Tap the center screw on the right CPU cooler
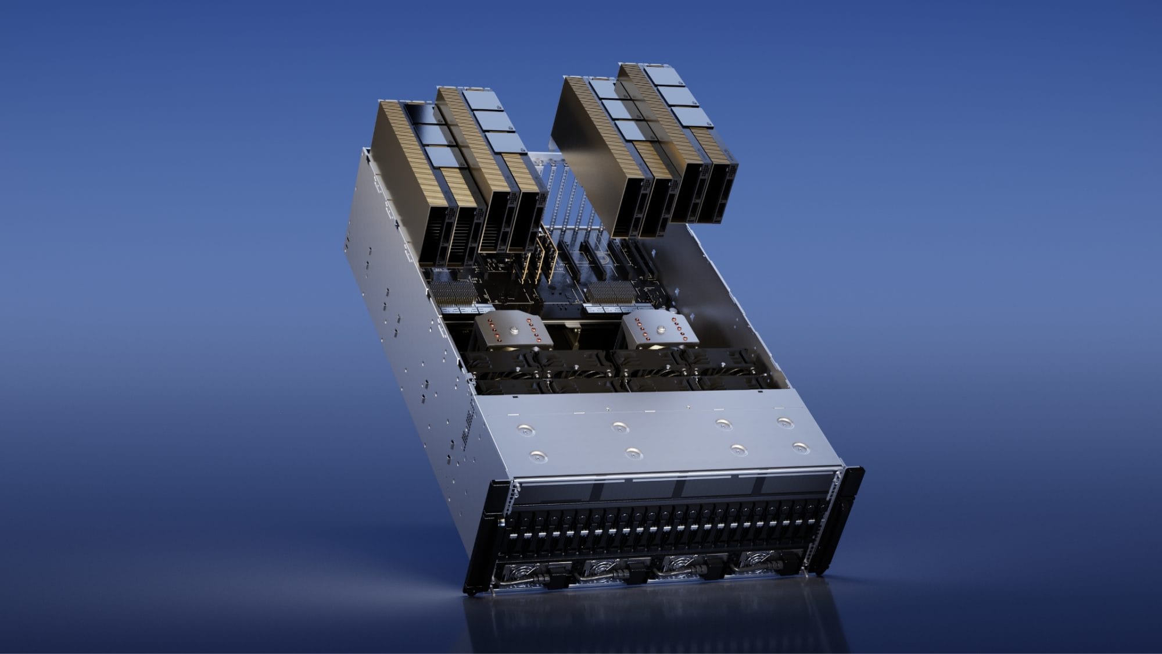pyautogui.click(x=659, y=330)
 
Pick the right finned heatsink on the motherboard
pyautogui.click(x=611, y=292)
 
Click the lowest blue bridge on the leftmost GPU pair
pyautogui.click(x=442, y=157)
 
